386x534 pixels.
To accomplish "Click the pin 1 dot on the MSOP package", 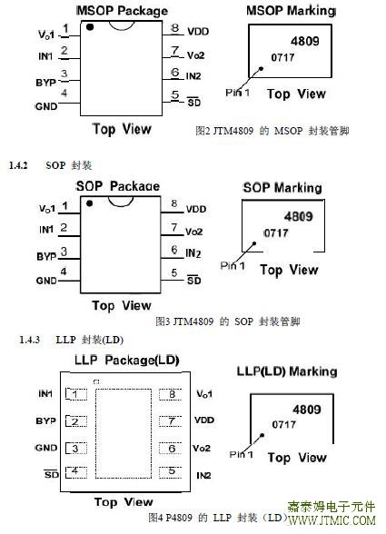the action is click(x=90, y=27).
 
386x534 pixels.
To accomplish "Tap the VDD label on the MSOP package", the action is click(x=198, y=32).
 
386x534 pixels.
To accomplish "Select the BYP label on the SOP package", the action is click(x=46, y=256).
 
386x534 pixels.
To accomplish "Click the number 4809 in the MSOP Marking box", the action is click(x=305, y=41).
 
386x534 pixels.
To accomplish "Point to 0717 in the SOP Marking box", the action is click(x=276, y=233).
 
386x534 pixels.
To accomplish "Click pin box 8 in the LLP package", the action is click(x=171, y=394).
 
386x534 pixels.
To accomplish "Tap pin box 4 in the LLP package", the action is click(x=76, y=472).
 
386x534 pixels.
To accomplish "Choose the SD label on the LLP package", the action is click(x=52, y=474).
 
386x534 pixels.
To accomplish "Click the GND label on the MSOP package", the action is click(x=46, y=106).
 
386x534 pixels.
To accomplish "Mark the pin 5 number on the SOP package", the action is click(x=174, y=273).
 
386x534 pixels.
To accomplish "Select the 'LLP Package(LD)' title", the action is click(x=127, y=361).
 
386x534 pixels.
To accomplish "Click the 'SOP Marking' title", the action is click(x=282, y=188).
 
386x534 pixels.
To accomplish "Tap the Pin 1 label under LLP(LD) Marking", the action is click(x=242, y=454).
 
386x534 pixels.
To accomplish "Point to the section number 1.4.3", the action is click(x=30, y=340).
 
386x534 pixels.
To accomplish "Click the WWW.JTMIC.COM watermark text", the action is click(x=332, y=520).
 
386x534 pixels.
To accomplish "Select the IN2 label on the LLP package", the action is click(x=203, y=475).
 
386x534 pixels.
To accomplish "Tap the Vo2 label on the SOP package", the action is click(x=193, y=232).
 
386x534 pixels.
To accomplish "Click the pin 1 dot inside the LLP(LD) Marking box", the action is click(x=262, y=435).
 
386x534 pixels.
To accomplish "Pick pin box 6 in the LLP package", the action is click(x=171, y=449).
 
